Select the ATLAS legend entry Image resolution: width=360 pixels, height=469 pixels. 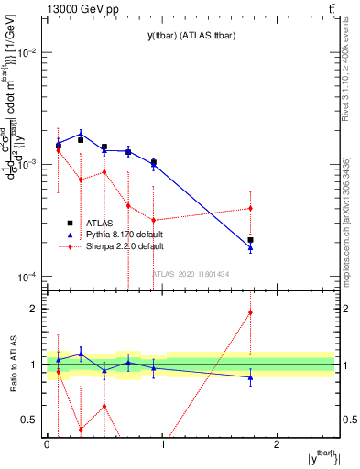[96, 223]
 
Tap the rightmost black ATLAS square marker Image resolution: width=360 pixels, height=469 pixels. [250, 240]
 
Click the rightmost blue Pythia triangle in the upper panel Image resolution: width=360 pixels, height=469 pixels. [250, 248]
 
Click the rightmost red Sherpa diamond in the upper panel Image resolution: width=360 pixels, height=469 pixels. [250, 208]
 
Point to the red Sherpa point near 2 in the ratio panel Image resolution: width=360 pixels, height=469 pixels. [250, 312]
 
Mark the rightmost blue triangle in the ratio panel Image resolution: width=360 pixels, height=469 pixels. [250, 377]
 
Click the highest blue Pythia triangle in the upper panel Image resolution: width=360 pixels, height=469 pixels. [81, 134]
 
